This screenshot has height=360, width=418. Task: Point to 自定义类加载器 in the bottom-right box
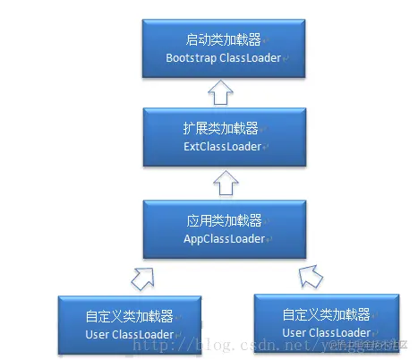[324, 314]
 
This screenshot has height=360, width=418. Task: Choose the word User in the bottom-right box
[295, 332]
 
